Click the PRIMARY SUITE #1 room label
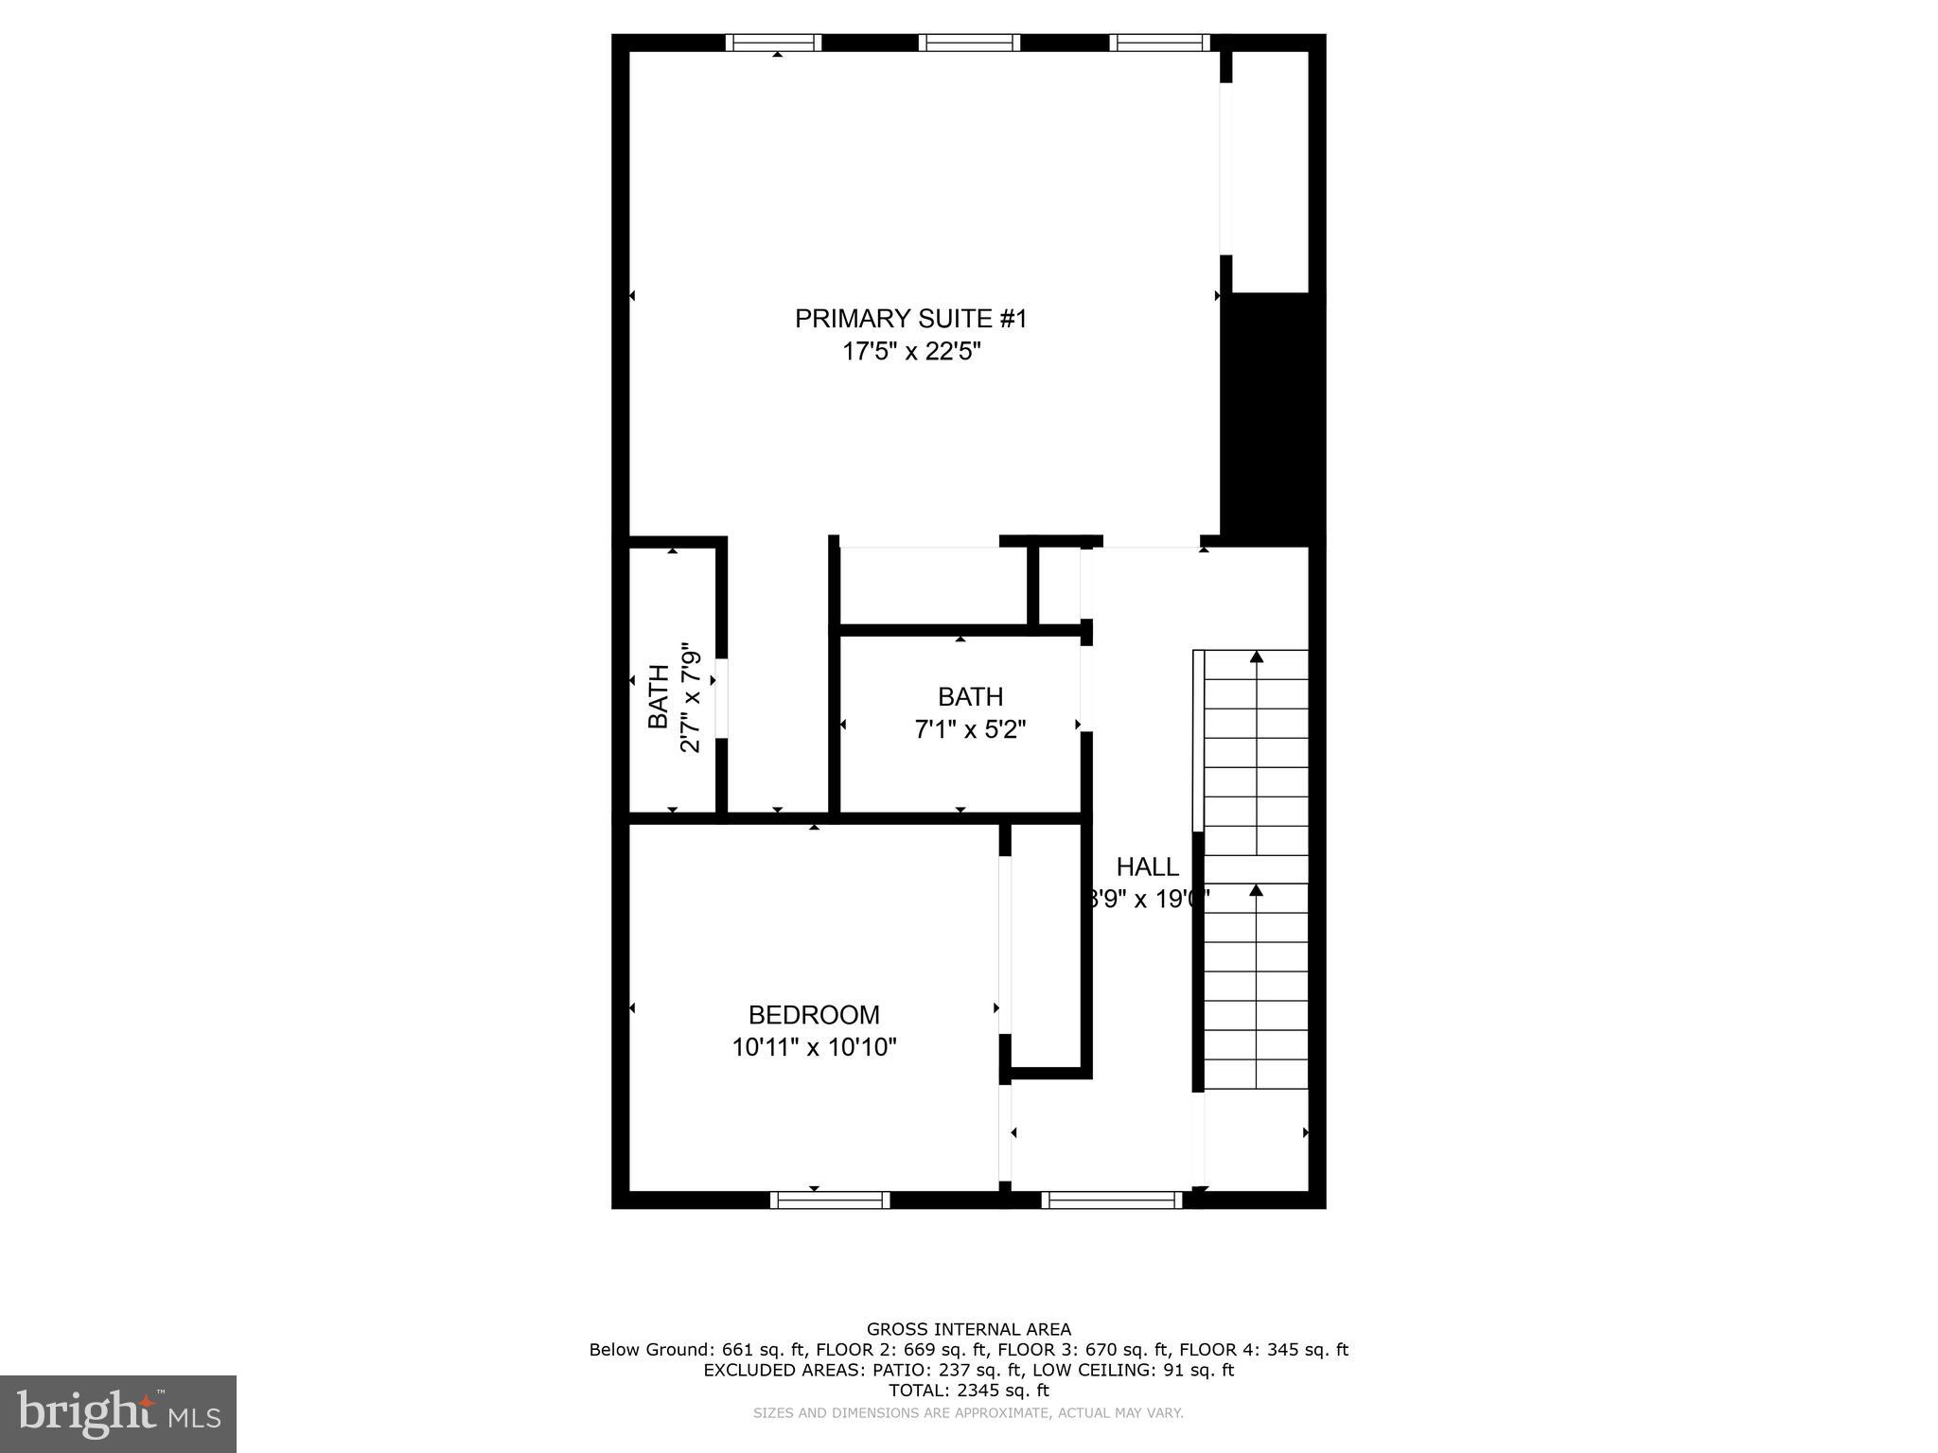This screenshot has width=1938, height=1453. tap(910, 319)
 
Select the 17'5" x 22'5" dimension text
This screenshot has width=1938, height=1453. tap(910, 352)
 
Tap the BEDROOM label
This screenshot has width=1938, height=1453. tap(814, 1015)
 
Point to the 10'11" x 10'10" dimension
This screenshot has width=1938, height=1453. tap(814, 1047)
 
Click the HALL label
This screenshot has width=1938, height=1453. tap(1147, 867)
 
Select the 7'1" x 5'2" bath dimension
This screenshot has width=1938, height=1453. tap(970, 729)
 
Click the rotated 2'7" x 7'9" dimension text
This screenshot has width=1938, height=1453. tap(691, 698)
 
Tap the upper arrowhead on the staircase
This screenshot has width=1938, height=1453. tap(1257, 656)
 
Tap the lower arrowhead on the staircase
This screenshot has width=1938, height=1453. tap(1257, 890)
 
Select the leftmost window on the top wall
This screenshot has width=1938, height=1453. tap(773, 43)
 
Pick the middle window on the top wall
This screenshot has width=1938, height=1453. tap(969, 43)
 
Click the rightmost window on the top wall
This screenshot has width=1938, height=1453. tap(1159, 43)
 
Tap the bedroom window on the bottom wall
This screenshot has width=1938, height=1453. tap(830, 1199)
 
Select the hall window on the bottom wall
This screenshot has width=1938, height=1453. tap(1112, 1199)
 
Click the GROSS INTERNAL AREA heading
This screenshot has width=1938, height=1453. tap(968, 1329)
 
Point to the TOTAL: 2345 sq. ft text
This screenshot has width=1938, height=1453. tap(968, 1391)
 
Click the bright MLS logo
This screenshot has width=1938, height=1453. tap(118, 1414)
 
